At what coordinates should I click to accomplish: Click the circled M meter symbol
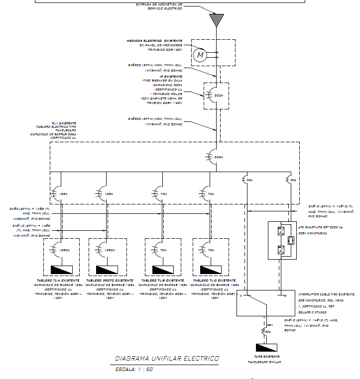click(200, 56)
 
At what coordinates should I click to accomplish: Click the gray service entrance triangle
click(216, 19)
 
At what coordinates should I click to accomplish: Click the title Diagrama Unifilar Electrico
click(166, 358)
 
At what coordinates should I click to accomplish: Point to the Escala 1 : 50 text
click(134, 370)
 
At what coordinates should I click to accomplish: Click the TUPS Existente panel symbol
click(268, 347)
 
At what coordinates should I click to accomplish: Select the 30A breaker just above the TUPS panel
click(264, 331)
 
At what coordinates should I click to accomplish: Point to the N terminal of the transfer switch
click(240, 296)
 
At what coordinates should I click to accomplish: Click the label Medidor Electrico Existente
click(154, 40)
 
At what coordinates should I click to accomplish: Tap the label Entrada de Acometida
click(159, 4)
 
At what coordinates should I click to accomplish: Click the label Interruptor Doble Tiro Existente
click(326, 294)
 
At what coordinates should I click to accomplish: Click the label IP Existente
click(170, 76)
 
